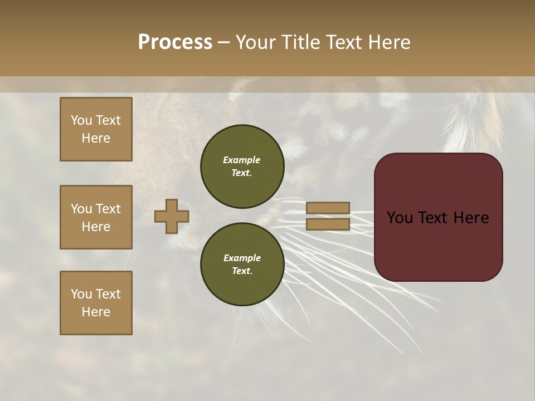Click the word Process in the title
pos(175,42)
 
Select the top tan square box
pos(96,129)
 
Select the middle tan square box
pos(96,217)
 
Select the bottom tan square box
pos(96,303)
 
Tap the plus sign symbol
pos(172,216)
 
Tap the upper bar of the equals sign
pos(328,208)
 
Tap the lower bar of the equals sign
pos(328,224)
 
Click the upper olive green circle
pos(242,166)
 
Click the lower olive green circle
pos(242,264)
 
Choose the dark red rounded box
pos(438,217)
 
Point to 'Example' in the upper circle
pos(242,160)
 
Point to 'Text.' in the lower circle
pos(242,271)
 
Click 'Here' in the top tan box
pos(96,138)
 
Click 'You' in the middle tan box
pos(81,208)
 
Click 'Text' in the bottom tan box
pos(108,294)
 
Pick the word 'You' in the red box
pos(400,217)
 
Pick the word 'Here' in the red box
pos(470,217)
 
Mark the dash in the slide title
pos(224,42)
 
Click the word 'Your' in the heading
pos(256,42)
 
